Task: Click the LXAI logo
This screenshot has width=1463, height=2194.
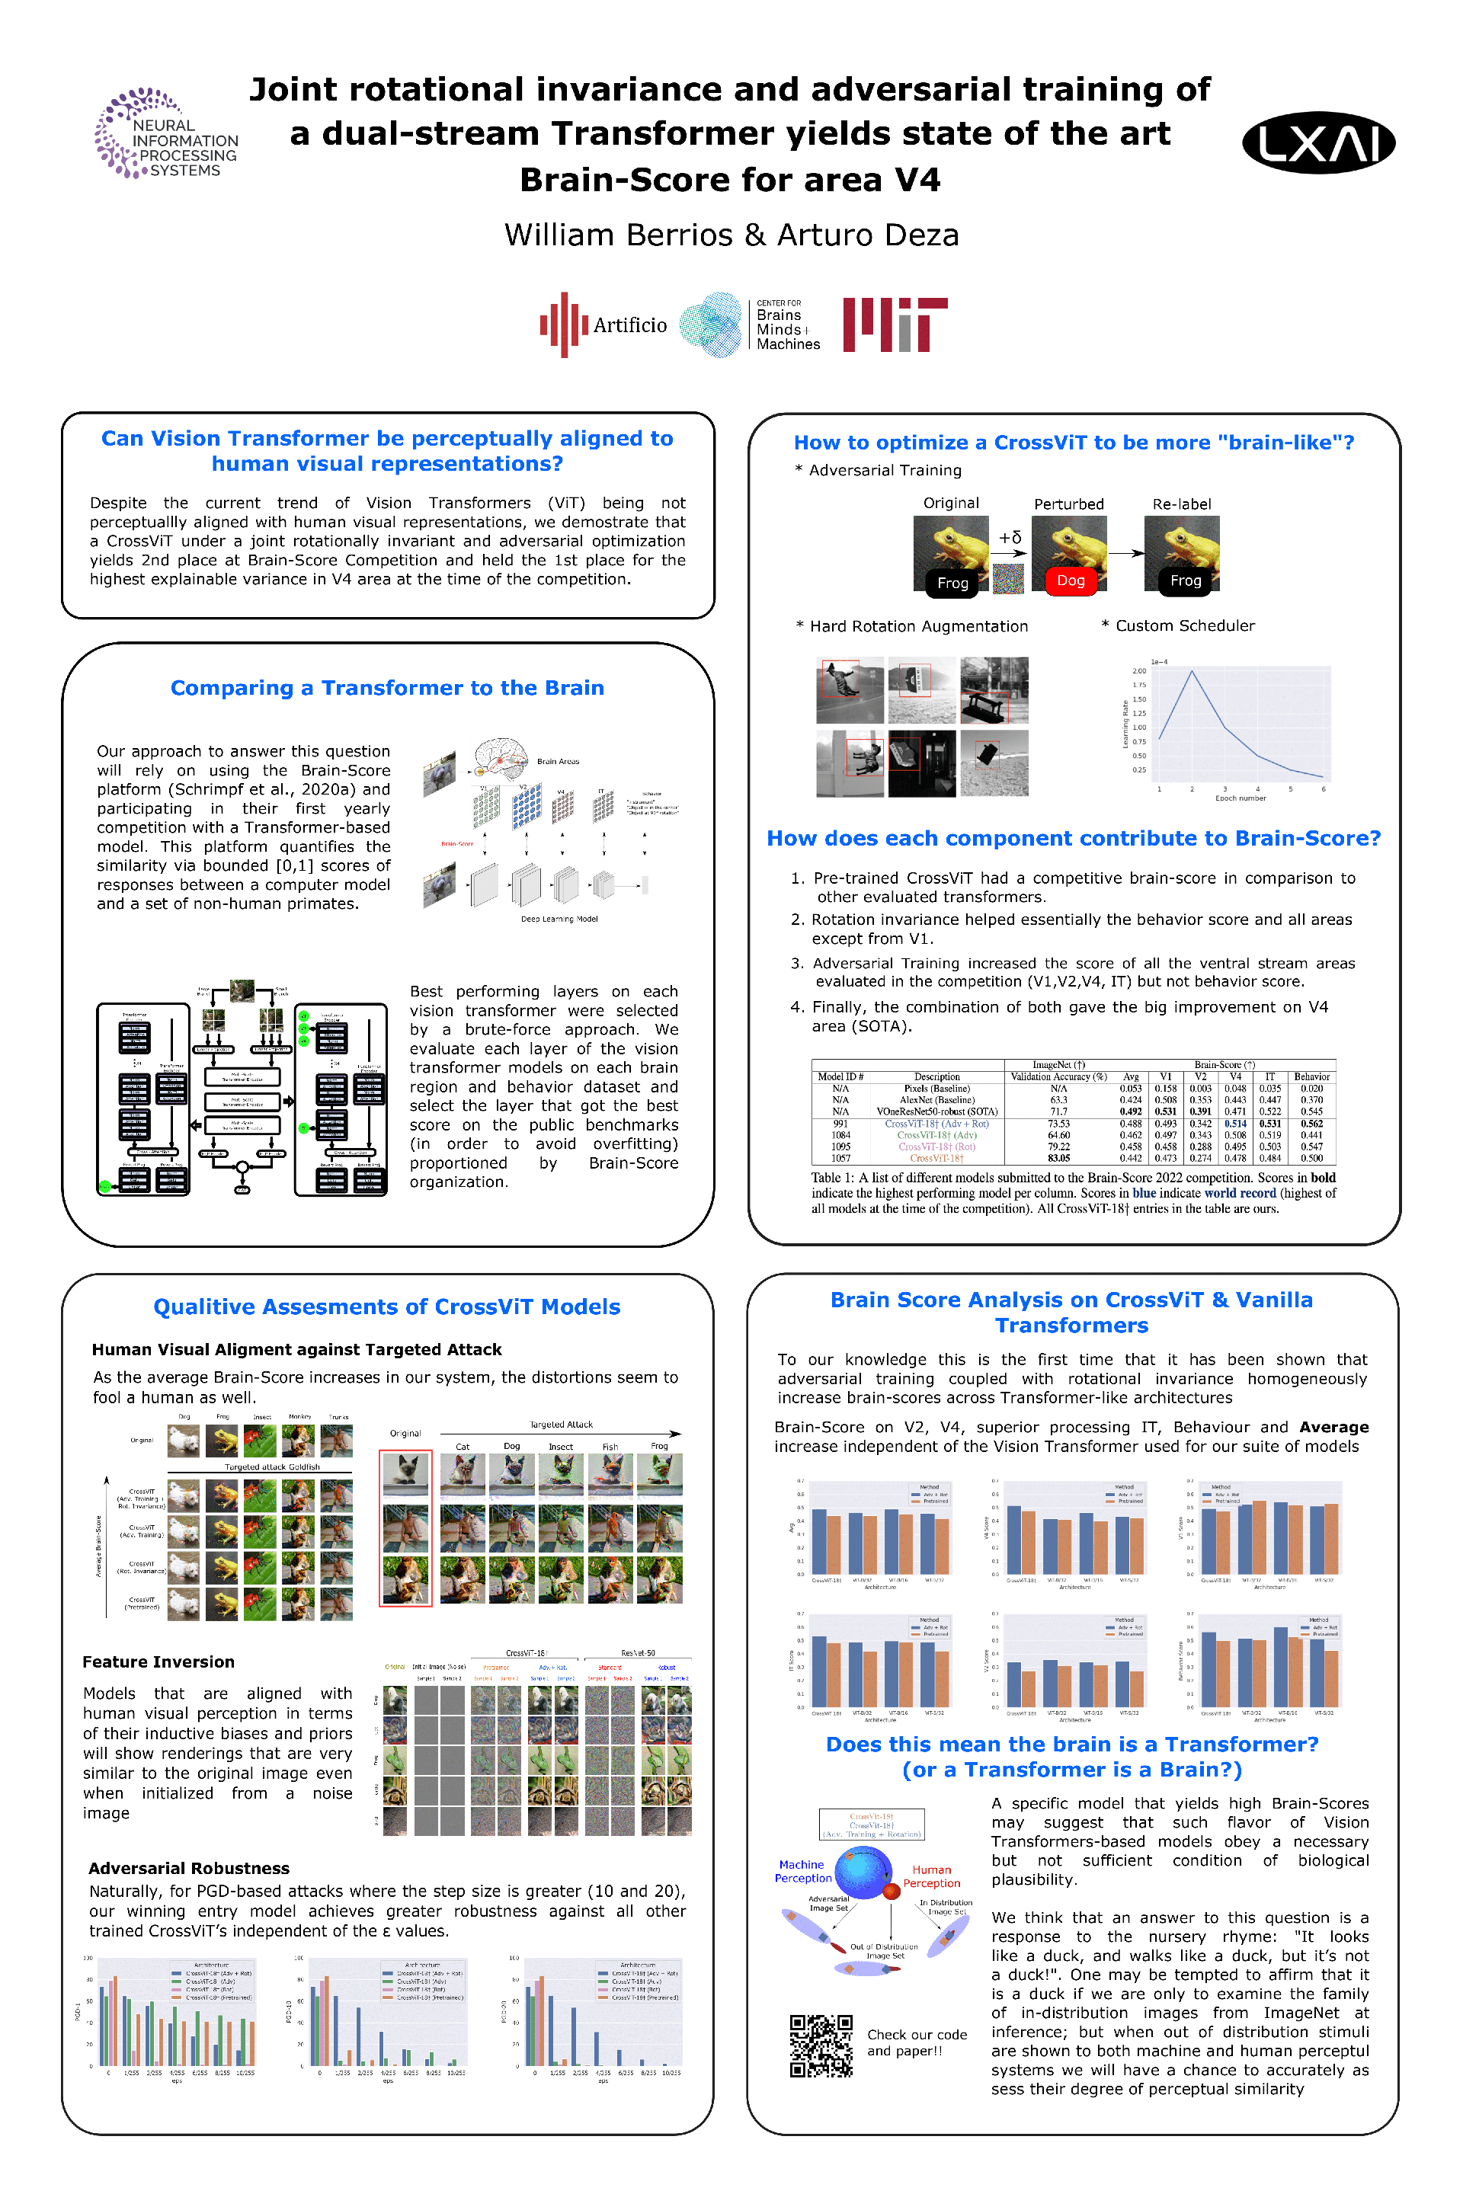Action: point(1317,142)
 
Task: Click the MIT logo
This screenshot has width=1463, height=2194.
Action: point(894,325)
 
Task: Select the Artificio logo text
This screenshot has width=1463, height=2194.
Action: point(630,325)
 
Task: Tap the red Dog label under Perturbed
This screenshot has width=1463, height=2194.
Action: point(1070,580)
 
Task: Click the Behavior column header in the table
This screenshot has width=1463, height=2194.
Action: point(1311,1076)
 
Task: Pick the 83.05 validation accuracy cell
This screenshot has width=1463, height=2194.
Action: point(1058,1158)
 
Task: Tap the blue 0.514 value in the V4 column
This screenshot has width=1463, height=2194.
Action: point(1234,1123)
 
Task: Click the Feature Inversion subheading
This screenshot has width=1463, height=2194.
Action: point(158,1661)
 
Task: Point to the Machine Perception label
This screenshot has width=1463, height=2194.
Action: point(802,1871)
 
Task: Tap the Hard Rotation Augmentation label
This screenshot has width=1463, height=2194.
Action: point(918,626)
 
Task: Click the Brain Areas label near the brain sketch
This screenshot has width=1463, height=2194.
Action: point(558,761)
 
